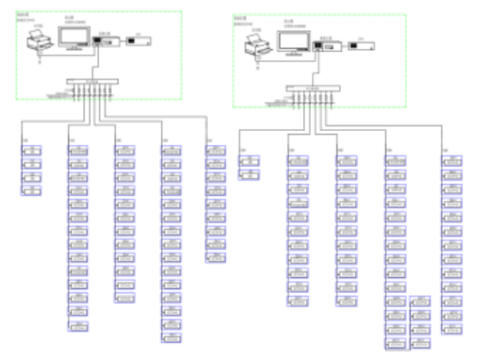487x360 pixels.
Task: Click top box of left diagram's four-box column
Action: coord(32,153)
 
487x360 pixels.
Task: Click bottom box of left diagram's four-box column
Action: coord(32,190)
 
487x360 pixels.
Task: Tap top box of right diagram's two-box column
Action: coord(250,161)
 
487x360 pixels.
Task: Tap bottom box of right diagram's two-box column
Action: coord(250,174)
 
